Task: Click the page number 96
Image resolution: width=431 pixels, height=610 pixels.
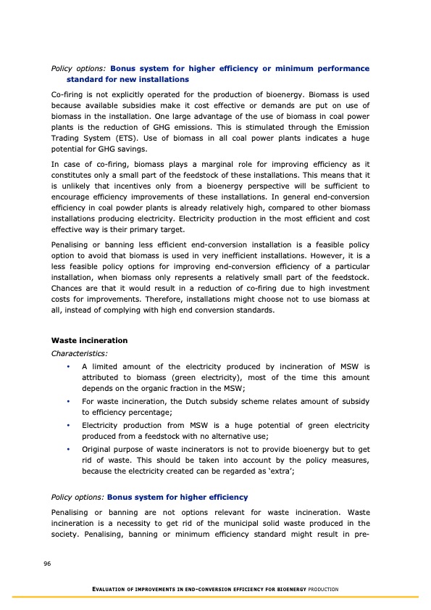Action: coord(46,563)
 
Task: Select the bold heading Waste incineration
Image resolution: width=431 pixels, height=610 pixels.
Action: coord(89,340)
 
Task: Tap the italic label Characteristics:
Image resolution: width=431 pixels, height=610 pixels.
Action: coord(80,354)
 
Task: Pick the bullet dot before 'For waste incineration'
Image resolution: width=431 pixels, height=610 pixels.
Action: coord(67,401)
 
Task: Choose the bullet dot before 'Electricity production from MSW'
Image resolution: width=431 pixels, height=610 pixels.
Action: coord(67,424)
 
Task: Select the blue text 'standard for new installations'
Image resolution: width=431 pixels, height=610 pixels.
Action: coord(127,79)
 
